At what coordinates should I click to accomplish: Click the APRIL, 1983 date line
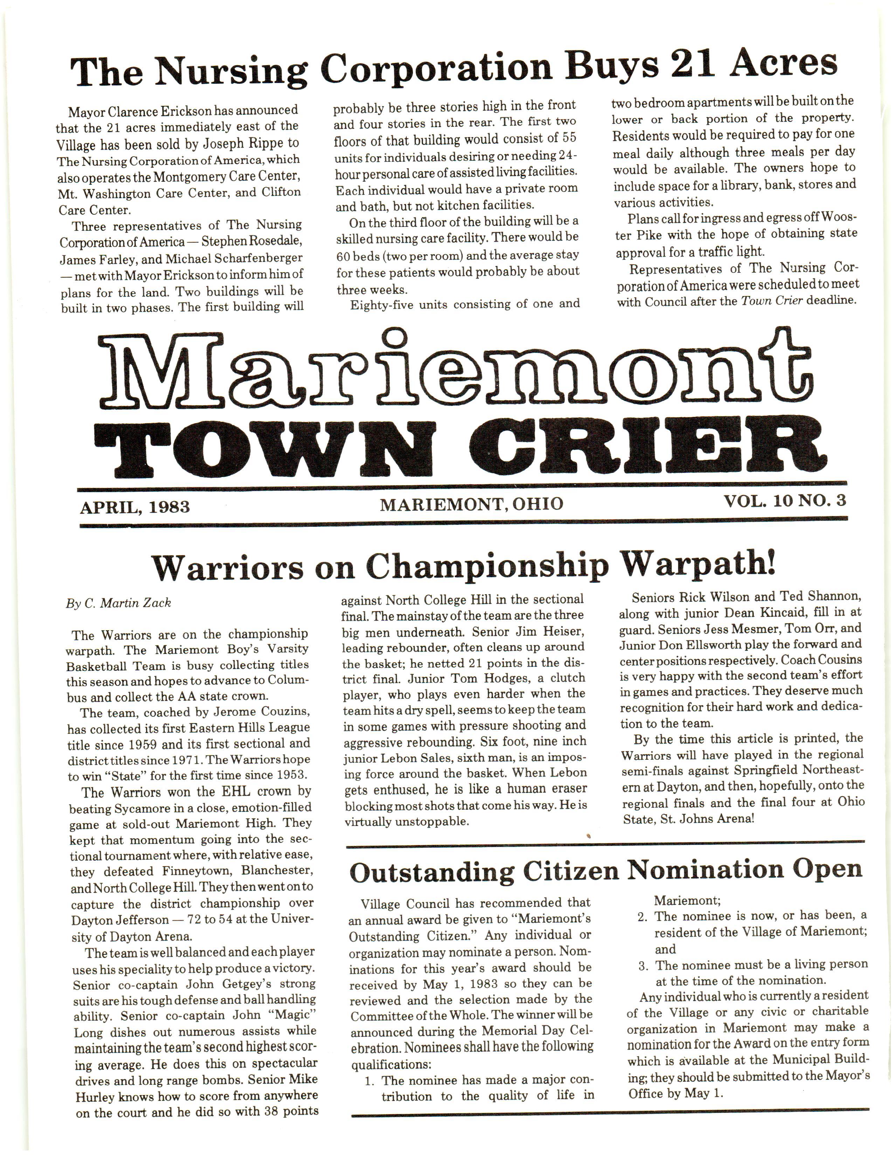click(135, 507)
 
